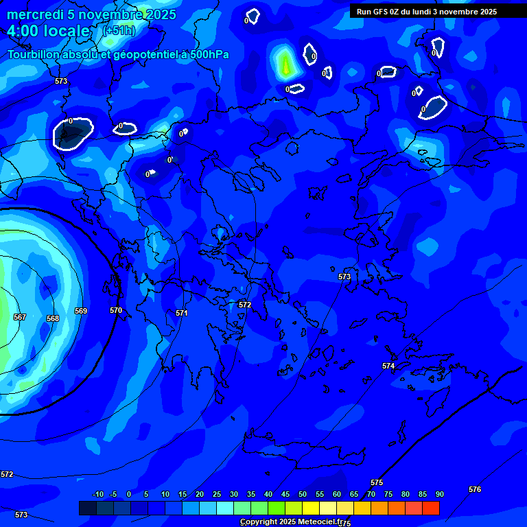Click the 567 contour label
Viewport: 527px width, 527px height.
pyautogui.click(x=20, y=317)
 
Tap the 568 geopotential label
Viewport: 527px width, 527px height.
pyautogui.click(x=53, y=318)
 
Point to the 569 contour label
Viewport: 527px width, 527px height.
pyautogui.click(x=81, y=311)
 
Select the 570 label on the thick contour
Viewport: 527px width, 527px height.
pyautogui.click(x=116, y=310)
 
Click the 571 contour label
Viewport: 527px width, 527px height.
pyautogui.click(x=181, y=313)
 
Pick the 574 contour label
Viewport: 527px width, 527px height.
pyautogui.click(x=388, y=366)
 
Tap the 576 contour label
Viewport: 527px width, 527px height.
pyautogui.click(x=475, y=489)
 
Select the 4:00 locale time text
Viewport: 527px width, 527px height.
pyautogui.click(x=48, y=31)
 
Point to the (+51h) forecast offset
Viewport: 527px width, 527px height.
pyautogui.click(x=119, y=31)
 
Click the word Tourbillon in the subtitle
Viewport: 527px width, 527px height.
pyautogui.click(x=34, y=55)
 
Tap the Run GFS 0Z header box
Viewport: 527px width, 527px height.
pyautogui.click(x=427, y=12)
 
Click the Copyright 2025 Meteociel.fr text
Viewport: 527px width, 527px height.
pyautogui.click(x=292, y=522)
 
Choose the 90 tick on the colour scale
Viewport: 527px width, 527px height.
pyautogui.click(x=439, y=494)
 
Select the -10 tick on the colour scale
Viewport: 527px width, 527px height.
pyautogui.click(x=98, y=494)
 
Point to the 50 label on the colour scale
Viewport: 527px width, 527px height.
pyautogui.click(x=302, y=494)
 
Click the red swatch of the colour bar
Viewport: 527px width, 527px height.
pyautogui.click(x=430, y=508)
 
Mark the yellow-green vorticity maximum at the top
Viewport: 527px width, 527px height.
pyautogui.click(x=285, y=64)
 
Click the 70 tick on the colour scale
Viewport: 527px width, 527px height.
pyautogui.click(x=371, y=494)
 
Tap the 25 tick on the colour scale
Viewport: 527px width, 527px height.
pyautogui.click(x=216, y=494)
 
